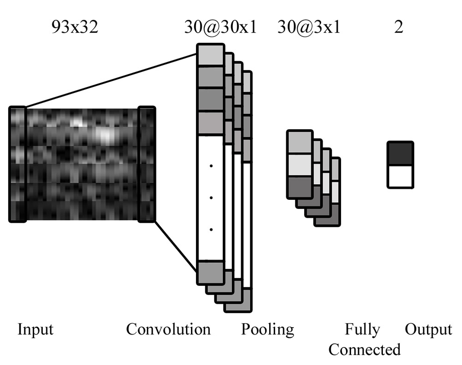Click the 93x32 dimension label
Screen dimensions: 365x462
(x=75, y=27)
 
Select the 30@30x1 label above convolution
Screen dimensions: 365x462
(x=219, y=27)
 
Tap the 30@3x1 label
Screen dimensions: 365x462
(x=309, y=27)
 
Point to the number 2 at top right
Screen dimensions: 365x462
(x=398, y=27)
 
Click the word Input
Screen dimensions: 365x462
(x=35, y=330)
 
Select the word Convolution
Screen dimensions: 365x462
(x=168, y=330)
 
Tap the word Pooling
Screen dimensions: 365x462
(x=267, y=330)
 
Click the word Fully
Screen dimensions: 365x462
(x=363, y=330)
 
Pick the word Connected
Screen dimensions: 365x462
(x=364, y=349)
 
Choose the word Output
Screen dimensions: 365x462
(x=428, y=330)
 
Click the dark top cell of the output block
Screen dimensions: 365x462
(x=400, y=153)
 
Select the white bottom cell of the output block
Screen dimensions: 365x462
(x=400, y=176)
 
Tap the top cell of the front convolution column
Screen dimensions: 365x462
(x=210, y=55)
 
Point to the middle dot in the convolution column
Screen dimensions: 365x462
(x=210, y=198)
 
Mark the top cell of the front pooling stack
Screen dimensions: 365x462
(x=300, y=142)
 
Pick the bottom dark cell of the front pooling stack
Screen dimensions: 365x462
(x=300, y=187)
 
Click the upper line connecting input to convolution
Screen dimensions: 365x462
(x=110, y=81)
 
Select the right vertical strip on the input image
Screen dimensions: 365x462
(x=147, y=164)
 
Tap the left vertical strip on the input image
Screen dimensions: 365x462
(x=17, y=164)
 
